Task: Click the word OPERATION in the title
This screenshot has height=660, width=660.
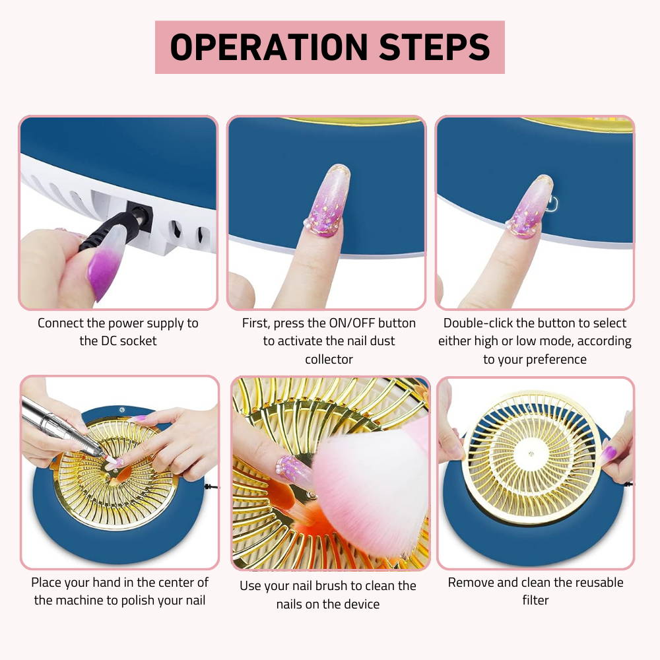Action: coord(269,47)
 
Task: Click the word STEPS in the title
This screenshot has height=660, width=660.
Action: coord(434,47)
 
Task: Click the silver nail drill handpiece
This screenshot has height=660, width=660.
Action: coord(63,427)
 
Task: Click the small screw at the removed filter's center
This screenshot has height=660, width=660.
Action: coord(531,454)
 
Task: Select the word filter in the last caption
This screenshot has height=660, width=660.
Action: coord(535,600)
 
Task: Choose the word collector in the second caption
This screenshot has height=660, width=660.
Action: coord(329,359)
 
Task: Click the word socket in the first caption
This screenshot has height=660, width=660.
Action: coord(138,341)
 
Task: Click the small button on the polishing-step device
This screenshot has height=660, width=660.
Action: coord(122,410)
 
